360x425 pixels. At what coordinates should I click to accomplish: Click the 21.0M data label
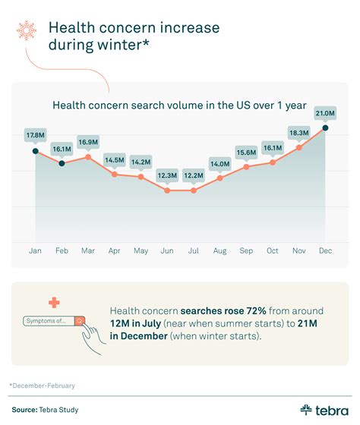click(x=325, y=113)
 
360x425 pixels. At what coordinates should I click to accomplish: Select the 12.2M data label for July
click(x=194, y=175)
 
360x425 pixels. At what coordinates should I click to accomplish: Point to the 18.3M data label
click(x=298, y=133)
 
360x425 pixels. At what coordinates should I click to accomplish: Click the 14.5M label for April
click(x=115, y=159)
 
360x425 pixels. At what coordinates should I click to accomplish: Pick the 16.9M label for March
click(x=88, y=141)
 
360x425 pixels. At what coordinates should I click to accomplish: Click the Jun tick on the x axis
click(x=167, y=250)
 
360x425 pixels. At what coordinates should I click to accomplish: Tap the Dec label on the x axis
click(x=326, y=250)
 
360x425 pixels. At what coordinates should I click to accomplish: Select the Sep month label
click(x=246, y=250)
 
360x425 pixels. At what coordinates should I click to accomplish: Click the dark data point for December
click(x=326, y=127)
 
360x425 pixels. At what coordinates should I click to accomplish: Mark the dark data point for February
click(x=62, y=164)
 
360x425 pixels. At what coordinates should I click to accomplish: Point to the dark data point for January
click(x=35, y=151)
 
